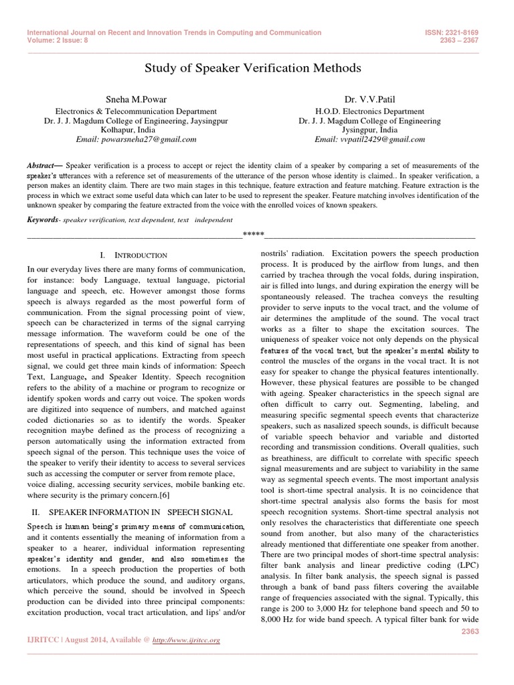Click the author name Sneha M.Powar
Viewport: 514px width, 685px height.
coord(135,100)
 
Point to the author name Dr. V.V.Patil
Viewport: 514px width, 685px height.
coord(369,100)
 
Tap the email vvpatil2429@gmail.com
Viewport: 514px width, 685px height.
coord(369,139)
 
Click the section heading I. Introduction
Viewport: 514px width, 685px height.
coord(134,256)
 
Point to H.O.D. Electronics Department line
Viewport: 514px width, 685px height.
coord(369,111)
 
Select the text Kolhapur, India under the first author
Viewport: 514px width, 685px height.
coord(135,130)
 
